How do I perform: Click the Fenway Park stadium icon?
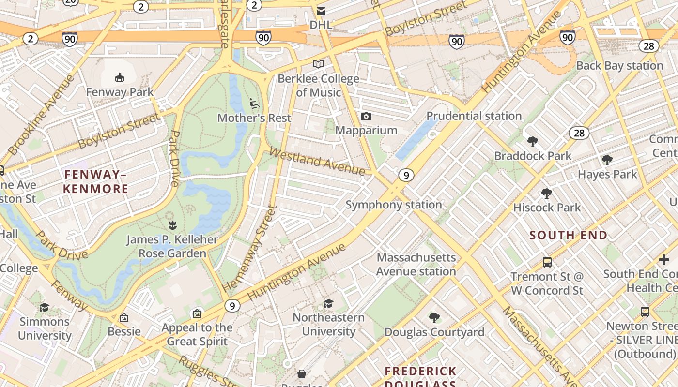point(120,77)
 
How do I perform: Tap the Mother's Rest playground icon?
point(254,103)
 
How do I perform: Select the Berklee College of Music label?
point(318,86)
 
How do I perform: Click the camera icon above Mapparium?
point(366,116)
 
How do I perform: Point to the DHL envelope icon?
point(321,11)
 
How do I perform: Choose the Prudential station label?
point(474,116)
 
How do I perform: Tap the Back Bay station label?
point(619,66)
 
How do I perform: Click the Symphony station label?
point(393,205)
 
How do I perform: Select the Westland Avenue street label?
point(317,162)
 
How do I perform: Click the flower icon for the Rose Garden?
point(172,225)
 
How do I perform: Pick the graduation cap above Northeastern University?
point(329,303)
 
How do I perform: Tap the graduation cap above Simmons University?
point(45,307)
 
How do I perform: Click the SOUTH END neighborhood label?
point(568,236)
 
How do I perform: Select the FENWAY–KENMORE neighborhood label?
point(95,181)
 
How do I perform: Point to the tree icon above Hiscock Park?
point(547,193)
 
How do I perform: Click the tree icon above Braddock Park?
point(533,142)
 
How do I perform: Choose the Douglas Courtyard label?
point(434,332)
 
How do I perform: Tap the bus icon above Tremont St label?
point(547,262)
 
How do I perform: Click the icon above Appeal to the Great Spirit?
point(197,313)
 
